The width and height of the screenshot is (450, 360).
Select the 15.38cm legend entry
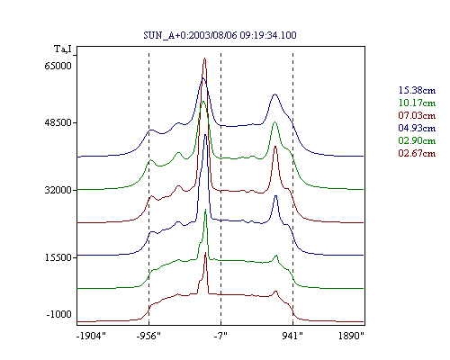(x=417, y=90)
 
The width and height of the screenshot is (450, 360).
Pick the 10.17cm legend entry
(x=417, y=103)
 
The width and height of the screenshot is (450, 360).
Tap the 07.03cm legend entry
(x=417, y=115)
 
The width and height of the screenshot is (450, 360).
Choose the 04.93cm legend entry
(x=417, y=128)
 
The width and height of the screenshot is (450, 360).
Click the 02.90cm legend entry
(x=417, y=140)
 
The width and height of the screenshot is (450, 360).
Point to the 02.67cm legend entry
(x=417, y=153)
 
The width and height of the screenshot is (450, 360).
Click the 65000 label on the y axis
(x=58, y=66)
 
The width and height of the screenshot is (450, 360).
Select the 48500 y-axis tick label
(x=58, y=122)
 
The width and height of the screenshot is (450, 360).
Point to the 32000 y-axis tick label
(x=58, y=190)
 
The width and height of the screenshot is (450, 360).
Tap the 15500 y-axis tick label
(x=58, y=257)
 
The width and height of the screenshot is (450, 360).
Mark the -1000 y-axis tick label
(x=59, y=314)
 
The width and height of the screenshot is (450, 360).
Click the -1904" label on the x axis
(x=91, y=336)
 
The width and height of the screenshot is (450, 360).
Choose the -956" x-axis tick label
(x=148, y=336)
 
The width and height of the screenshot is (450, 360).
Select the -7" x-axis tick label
(x=220, y=336)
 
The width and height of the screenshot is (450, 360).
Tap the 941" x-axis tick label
(x=292, y=336)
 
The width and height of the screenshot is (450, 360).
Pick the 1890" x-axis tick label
(x=351, y=336)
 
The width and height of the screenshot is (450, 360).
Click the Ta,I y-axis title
(x=63, y=49)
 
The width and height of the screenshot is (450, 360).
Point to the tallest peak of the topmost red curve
(x=204, y=58)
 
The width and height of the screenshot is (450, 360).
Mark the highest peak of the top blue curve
(x=203, y=78)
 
